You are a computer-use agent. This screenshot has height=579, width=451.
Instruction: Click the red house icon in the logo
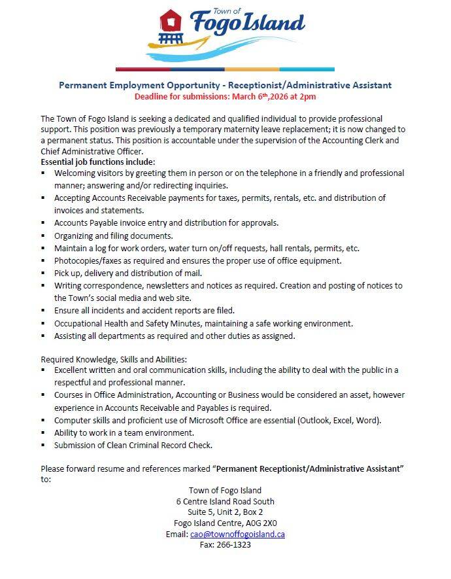pos(171,21)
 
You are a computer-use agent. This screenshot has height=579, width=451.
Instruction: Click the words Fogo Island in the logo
pos(247,24)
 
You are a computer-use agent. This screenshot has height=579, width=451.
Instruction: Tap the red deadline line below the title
pos(225,97)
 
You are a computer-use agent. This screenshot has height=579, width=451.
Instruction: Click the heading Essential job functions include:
pos(97,161)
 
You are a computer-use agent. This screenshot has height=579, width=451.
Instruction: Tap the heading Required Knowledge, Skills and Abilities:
pos(114,359)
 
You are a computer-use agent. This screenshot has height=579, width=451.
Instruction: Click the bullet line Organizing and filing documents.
pos(113,236)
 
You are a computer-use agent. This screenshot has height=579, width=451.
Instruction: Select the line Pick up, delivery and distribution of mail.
pos(128,273)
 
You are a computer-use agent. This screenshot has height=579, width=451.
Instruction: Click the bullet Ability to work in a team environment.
pos(124,432)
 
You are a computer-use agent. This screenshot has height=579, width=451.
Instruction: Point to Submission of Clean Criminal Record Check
pos(133,446)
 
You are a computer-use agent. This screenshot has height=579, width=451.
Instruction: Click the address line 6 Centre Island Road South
pos(225,500)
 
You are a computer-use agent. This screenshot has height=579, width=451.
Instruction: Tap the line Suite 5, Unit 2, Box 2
pos(225,512)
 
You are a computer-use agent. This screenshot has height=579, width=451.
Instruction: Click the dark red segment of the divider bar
pos(142,69)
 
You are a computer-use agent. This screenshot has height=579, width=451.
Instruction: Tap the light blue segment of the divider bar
pos(307,69)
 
